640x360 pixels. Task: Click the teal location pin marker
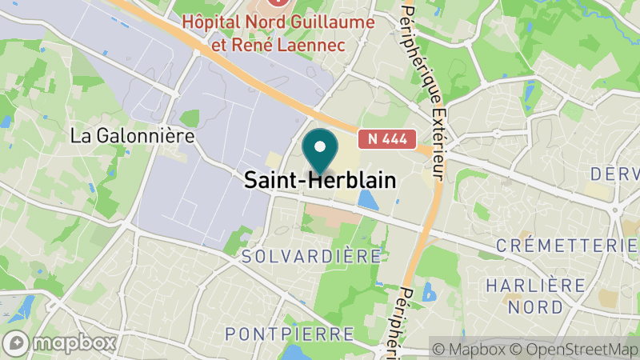pos(320,152)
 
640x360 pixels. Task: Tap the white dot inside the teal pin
pos(320,146)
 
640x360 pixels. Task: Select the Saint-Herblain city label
pos(320,181)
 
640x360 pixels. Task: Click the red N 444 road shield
pos(387,138)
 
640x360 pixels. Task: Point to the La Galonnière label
pos(133,136)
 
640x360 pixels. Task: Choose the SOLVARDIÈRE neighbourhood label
pos(311,257)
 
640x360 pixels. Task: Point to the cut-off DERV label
pos(614,174)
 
